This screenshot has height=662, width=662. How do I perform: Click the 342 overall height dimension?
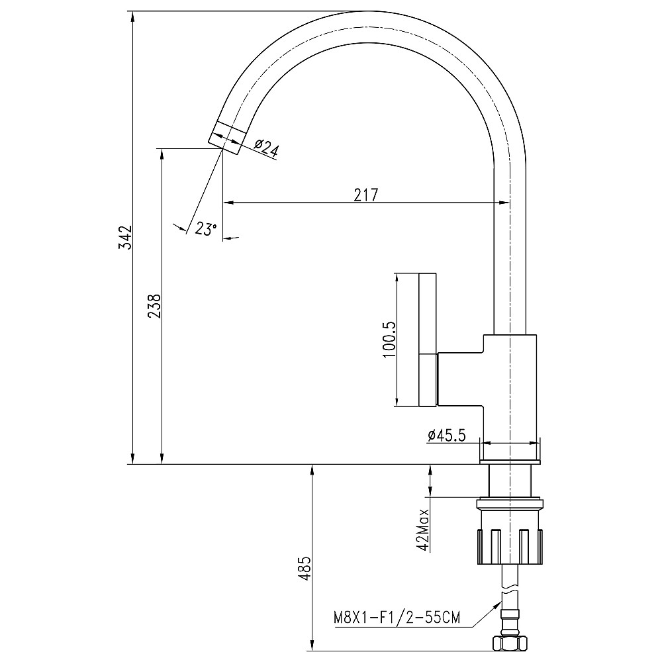click(x=125, y=237)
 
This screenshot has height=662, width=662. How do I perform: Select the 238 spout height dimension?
click(x=154, y=307)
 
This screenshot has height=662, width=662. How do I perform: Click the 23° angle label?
click(x=206, y=229)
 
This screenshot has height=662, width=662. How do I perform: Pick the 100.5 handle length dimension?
click(x=389, y=340)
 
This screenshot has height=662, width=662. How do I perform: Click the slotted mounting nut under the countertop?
click(x=509, y=545)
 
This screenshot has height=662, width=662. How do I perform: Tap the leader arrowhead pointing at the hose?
click(x=498, y=602)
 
